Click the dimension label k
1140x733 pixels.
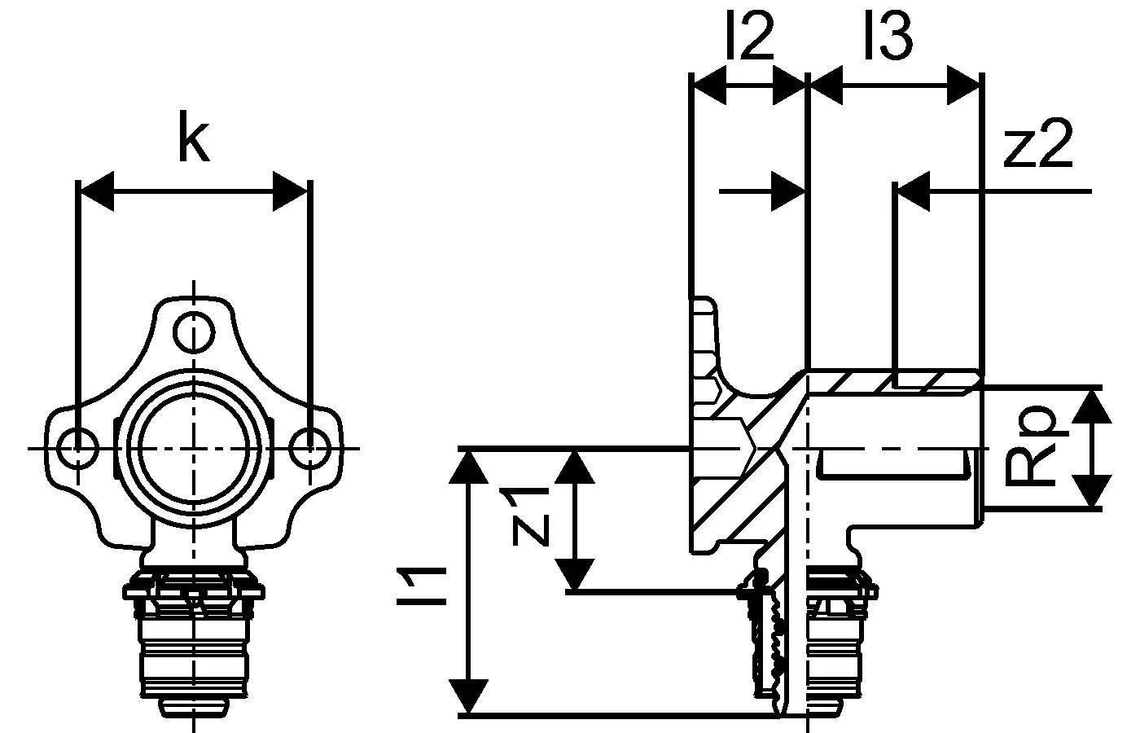pos(193,139)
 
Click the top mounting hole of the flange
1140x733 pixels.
pos(194,331)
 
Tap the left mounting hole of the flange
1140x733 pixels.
pos(78,446)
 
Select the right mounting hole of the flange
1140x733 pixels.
pos(309,446)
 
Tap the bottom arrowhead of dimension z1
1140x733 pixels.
pos(576,573)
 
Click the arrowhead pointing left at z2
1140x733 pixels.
pos(913,192)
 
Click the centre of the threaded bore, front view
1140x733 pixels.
pos(194,446)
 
